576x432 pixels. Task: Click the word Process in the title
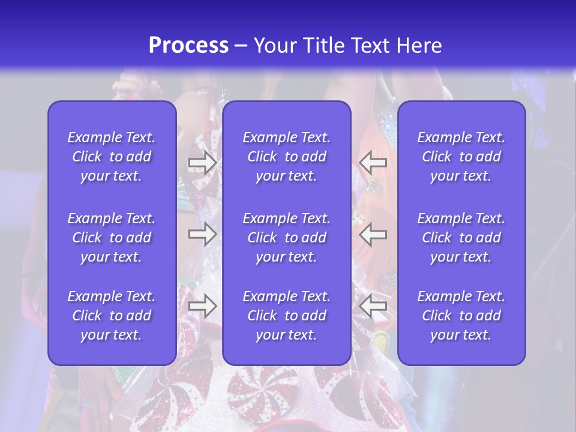coord(188,46)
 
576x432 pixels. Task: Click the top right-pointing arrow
coord(202,161)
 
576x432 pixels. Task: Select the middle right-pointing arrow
coord(202,234)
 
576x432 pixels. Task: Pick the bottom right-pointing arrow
coord(202,306)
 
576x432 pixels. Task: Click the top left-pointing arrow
coord(373,161)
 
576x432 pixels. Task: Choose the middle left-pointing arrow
coord(373,234)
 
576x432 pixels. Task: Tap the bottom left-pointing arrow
coord(373,306)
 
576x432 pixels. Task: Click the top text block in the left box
coord(112,157)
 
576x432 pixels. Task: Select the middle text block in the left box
coord(112,238)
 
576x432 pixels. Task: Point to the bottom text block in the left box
coord(112,316)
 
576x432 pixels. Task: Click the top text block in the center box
coord(287,157)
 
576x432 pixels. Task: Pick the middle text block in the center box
coord(287,238)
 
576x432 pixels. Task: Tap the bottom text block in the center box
coord(287,316)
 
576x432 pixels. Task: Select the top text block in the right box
coord(461,157)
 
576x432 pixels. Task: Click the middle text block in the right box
coord(461,238)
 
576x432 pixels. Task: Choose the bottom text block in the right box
coord(461,316)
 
